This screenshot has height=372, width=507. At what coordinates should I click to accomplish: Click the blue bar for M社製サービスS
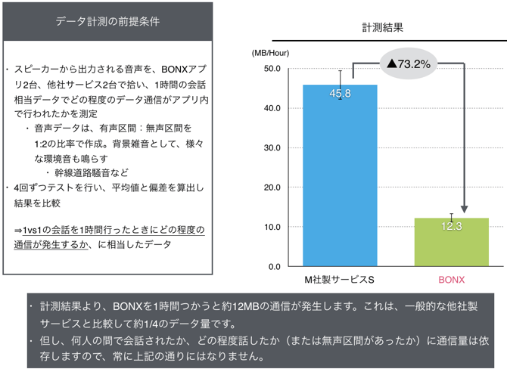click(340, 181)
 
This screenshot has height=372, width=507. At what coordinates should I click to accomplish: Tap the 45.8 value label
click(340, 93)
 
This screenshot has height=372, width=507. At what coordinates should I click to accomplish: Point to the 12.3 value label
click(451, 226)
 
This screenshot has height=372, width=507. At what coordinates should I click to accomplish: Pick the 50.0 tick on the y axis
click(271, 69)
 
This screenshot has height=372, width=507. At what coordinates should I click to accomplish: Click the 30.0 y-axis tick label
click(271, 147)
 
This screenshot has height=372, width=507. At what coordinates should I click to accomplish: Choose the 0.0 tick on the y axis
click(274, 267)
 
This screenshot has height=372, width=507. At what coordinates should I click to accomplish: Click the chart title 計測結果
click(381, 27)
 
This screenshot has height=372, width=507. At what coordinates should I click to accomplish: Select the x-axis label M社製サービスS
click(340, 280)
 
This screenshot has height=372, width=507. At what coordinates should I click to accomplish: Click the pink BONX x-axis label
click(451, 280)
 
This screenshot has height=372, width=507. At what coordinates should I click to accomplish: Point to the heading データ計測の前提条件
click(107, 21)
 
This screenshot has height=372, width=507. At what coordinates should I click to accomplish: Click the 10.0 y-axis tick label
click(271, 227)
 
